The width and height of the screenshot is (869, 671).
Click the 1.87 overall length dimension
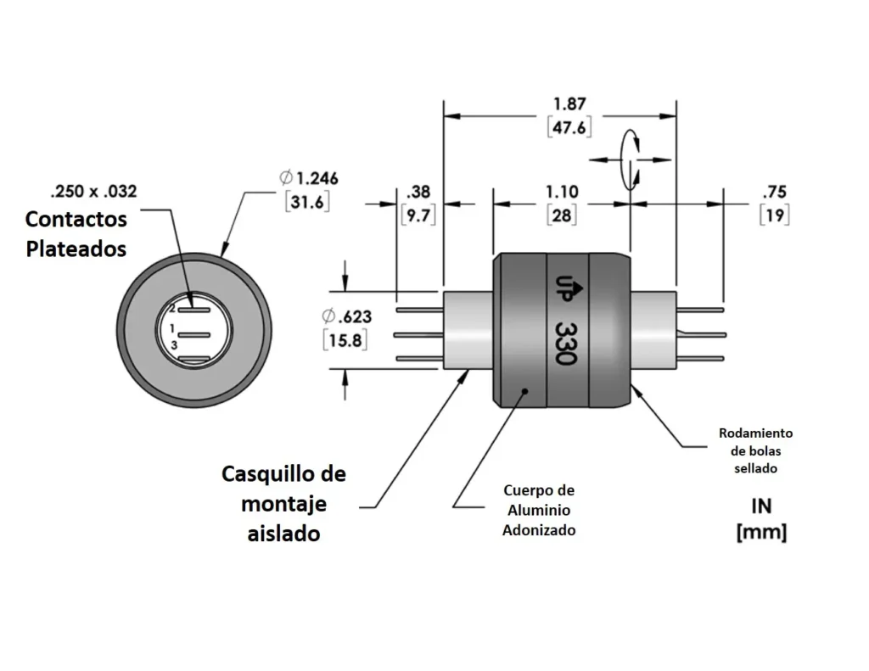[569, 103]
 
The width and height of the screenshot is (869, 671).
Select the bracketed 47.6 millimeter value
[569, 127]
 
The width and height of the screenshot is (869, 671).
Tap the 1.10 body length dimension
[561, 193]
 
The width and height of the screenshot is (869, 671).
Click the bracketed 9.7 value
[418, 215]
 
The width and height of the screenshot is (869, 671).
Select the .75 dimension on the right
[774, 192]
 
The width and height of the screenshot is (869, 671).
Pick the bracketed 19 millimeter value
[774, 215]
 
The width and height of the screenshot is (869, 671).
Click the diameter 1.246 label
[309, 178]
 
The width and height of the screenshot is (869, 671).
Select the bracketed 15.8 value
[346, 340]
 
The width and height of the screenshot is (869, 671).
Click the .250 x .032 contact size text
[93, 191]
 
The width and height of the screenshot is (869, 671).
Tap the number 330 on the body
[564, 343]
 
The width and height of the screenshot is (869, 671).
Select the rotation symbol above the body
[630, 159]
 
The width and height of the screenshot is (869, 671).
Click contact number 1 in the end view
[172, 327]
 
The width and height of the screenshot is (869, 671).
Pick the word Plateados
[76, 249]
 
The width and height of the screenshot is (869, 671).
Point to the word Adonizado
[539, 530]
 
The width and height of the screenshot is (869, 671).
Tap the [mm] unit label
[761, 533]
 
